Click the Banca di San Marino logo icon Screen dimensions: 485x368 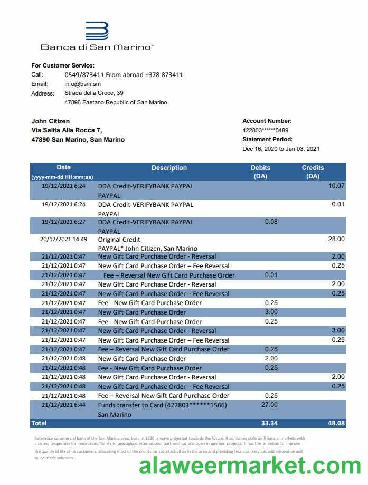tap(97, 31)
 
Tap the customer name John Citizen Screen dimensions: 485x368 tap(51, 121)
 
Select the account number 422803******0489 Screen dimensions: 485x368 tap(265, 130)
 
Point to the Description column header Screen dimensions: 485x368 tap(169, 168)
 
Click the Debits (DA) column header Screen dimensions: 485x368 tap(260, 172)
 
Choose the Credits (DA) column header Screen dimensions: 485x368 tap(313, 172)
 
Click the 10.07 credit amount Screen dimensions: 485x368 tap(336, 186)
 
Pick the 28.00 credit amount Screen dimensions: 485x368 tap(336, 239)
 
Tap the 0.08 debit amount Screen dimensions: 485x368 tap(271, 222)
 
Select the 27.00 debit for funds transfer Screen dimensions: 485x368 tap(269, 405)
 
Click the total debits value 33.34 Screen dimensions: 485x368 tap(269, 423)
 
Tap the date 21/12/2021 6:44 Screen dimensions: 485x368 tap(63, 405)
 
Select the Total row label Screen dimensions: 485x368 tap(39, 423)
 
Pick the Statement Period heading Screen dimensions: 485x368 tap(267, 140)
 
